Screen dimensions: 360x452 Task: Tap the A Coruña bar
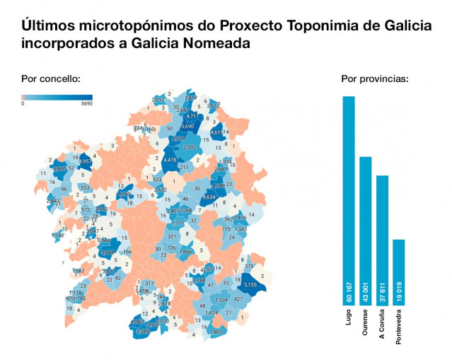coord(383,240)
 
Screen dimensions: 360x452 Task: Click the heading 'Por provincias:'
coord(375,79)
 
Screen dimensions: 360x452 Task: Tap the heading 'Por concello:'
coord(51,79)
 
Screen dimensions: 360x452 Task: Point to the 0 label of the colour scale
coord(23,103)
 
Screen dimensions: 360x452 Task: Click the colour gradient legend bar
coord(57,97)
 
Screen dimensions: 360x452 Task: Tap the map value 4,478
coord(170,161)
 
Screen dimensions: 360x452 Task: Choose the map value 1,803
coord(216,331)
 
